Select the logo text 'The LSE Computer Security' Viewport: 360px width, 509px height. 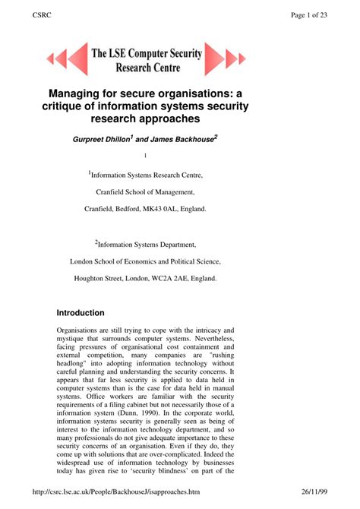pos(147,52)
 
